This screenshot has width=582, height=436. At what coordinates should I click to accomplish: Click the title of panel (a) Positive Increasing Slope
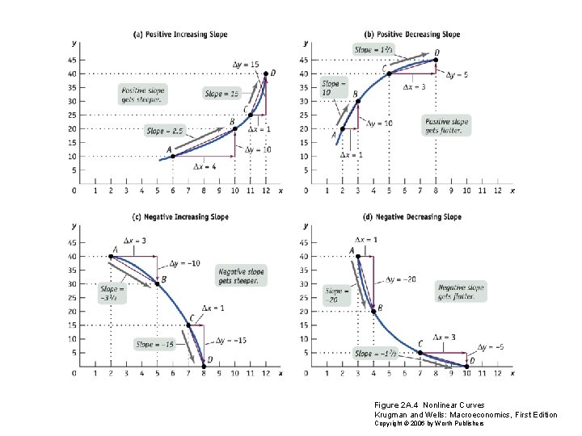pos(179,34)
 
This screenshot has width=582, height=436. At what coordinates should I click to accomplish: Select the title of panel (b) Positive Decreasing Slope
pos(412,34)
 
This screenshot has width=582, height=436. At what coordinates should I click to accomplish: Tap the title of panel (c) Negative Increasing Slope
pos(180,216)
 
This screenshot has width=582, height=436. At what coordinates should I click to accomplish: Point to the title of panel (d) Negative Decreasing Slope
pos(413,216)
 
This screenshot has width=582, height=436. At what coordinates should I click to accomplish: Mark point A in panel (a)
pos(172,156)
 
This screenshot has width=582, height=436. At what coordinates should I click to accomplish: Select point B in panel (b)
pos(356,100)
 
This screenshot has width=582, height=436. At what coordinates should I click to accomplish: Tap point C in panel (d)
pos(419,352)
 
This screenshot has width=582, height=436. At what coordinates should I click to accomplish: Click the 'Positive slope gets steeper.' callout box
pos(142,94)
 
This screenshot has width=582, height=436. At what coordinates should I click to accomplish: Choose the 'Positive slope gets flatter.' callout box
pos(445,125)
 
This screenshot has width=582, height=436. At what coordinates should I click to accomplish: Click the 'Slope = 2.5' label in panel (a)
pos(165,130)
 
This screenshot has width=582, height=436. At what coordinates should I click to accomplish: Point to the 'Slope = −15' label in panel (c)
pos(154,345)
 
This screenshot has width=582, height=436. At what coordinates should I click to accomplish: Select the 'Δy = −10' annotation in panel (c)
pos(186,264)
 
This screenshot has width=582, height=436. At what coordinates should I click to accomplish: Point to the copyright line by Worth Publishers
pos(429,423)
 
